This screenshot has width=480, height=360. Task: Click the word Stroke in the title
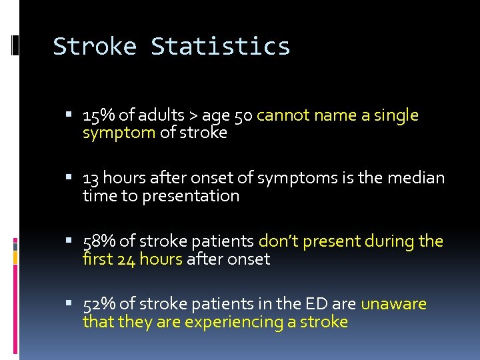[95, 47]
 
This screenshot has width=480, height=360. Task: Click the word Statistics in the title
[221, 47]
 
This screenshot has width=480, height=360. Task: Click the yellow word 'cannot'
[283, 115]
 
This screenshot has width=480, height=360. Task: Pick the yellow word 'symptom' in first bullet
[119, 133]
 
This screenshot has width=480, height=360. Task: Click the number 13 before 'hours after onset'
[91, 178]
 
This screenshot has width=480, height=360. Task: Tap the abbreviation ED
[315, 305]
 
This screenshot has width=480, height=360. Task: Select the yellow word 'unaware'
[393, 305]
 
